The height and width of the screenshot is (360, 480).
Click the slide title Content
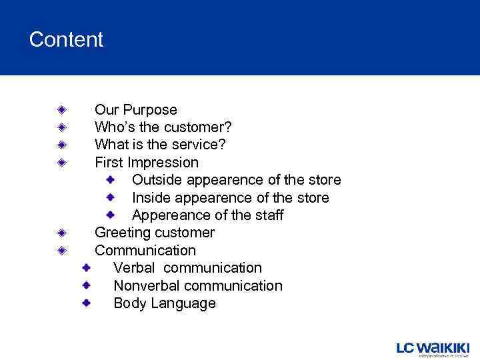click(66, 40)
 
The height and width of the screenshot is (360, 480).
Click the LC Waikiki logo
click(433, 349)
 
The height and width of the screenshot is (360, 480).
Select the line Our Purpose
click(136, 110)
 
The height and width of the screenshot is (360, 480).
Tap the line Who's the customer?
click(163, 127)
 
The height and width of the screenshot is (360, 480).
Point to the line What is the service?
click(160, 145)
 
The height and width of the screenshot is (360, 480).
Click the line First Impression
click(147, 163)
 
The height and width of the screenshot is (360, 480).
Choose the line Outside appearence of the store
click(236, 180)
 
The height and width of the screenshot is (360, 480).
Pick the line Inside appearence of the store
click(230, 198)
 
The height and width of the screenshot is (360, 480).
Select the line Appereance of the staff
click(207, 215)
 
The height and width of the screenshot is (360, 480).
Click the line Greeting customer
click(155, 233)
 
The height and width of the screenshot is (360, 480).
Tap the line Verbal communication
click(187, 268)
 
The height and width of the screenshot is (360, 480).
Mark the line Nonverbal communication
click(198, 286)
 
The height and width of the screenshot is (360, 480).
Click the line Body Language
click(165, 303)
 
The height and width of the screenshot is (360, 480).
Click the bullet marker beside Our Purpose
click(61, 109)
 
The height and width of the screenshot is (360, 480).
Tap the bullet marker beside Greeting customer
click(61, 233)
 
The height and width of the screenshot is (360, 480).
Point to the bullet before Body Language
click(87, 303)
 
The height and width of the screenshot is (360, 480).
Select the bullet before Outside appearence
click(111, 179)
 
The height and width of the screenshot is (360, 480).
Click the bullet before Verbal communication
click(87, 267)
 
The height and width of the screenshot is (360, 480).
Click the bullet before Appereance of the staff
click(111, 215)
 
